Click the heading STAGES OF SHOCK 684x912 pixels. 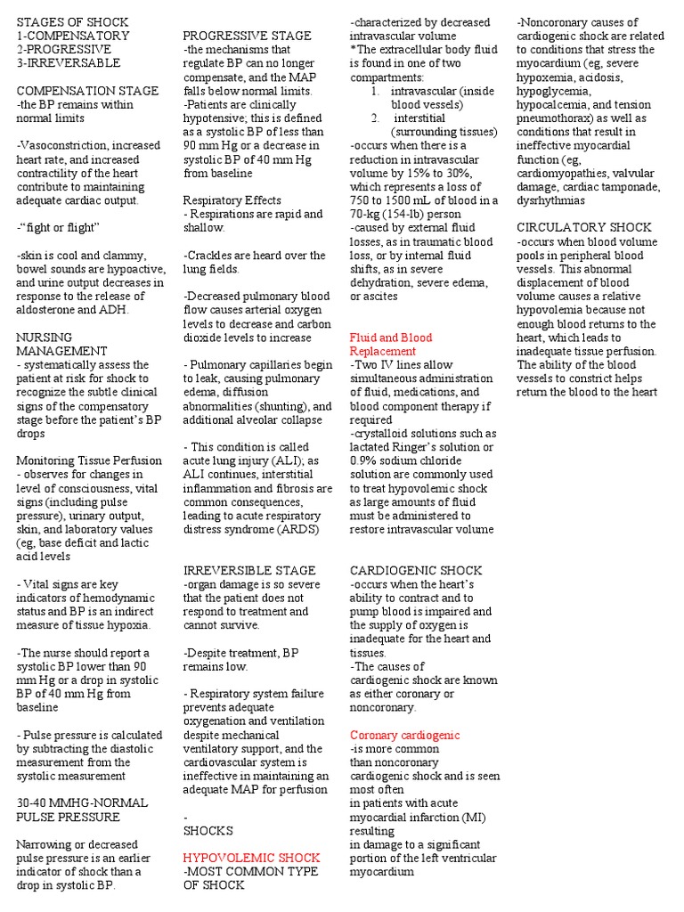72,21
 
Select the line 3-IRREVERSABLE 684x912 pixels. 68,63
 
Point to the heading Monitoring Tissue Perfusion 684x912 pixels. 89,460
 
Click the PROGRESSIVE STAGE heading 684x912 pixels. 247,36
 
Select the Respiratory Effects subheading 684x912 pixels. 232,200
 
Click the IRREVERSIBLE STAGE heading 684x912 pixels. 248,570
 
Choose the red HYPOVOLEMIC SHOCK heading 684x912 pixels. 251,858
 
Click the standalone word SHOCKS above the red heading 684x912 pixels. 208,830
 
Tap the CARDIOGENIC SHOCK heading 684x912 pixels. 416,570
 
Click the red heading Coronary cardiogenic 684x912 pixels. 404,735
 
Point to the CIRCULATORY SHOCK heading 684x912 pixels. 584,227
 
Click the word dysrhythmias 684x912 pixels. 550,200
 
